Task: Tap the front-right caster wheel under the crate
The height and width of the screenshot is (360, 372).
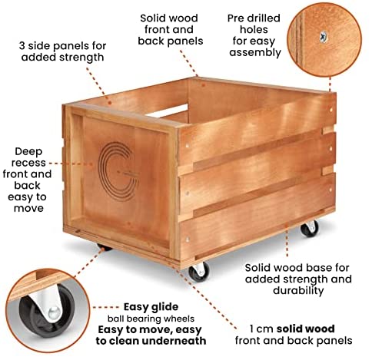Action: pyautogui.click(x=199, y=272)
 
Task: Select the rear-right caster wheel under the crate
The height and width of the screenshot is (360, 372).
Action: pyautogui.click(x=310, y=229)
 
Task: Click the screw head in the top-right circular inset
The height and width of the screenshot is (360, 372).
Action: pyautogui.click(x=324, y=37)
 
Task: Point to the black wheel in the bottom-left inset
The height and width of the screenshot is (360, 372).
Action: pyautogui.click(x=46, y=312)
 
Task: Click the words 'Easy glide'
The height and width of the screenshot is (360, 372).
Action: pyautogui.click(x=151, y=307)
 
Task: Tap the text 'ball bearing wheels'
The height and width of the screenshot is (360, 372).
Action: pyautogui.click(x=151, y=319)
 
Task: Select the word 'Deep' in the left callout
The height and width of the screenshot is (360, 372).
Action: pyautogui.click(x=28, y=152)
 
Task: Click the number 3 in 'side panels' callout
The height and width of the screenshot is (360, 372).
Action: pyautogui.click(x=22, y=46)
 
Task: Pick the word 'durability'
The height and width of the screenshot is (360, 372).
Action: pyautogui.click(x=298, y=291)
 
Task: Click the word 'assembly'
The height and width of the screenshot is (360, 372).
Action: pyautogui.click(x=255, y=53)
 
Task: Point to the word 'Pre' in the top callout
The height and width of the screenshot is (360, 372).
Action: pyautogui.click(x=234, y=18)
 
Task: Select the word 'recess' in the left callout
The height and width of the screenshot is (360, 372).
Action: pyautogui.click(x=28, y=163)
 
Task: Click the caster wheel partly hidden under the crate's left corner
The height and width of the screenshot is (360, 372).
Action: pyautogui.click(x=105, y=247)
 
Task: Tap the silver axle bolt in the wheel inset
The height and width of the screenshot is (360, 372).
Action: pyautogui.click(x=54, y=312)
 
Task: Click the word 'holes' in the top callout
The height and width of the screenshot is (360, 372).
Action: pyautogui.click(x=254, y=30)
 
